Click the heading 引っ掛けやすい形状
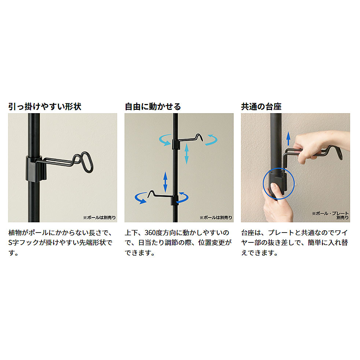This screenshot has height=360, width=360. pos(45,107)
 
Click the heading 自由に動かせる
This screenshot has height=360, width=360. pos(153,107)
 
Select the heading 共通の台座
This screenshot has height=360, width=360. pos(261,107)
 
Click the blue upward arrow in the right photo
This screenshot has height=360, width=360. pos(288,138)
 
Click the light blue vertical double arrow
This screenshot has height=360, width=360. pos(187,153)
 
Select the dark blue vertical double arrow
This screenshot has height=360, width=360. pos(165,182)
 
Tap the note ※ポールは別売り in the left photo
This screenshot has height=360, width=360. pos(99,218)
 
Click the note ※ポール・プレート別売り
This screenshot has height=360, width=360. pos(330,215)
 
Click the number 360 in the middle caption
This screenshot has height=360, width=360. pos(150,233)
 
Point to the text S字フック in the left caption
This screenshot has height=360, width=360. pos(24,243)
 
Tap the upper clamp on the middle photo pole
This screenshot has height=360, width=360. pos(176,144)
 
